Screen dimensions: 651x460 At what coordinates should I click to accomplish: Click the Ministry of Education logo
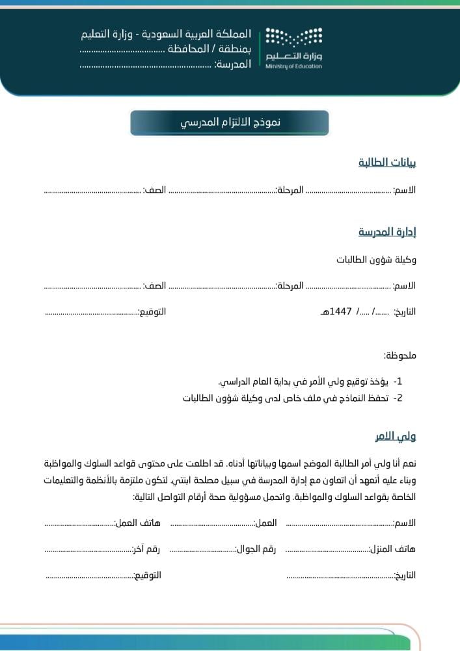pos(293,48)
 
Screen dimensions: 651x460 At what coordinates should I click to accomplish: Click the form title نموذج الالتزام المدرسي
pos(230,123)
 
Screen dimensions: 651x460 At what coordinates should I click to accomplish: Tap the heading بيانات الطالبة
pos(387,163)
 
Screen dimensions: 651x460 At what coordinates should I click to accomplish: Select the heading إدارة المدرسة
pos(387,232)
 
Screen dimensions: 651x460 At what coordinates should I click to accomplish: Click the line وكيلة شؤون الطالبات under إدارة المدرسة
pos(376,260)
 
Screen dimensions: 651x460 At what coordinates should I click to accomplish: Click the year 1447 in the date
pos(342,311)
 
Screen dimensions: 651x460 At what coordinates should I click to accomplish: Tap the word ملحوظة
pos(399,355)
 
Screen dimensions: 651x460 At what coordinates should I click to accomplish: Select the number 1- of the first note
pos(398,381)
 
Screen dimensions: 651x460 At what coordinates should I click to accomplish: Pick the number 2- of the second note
pos(398,398)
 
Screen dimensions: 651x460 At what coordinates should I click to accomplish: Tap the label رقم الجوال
pos(255,549)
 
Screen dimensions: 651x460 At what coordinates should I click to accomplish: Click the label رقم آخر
pos(146,549)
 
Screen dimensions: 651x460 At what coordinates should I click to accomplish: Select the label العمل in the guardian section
pos(265,523)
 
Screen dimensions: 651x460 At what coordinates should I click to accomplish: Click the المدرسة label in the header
pos(232,64)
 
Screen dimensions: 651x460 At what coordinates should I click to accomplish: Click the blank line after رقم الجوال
pos(202,551)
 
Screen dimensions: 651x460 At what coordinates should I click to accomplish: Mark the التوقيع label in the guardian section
pos(147,575)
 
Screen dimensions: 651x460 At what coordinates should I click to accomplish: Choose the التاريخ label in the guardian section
pos(405,575)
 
